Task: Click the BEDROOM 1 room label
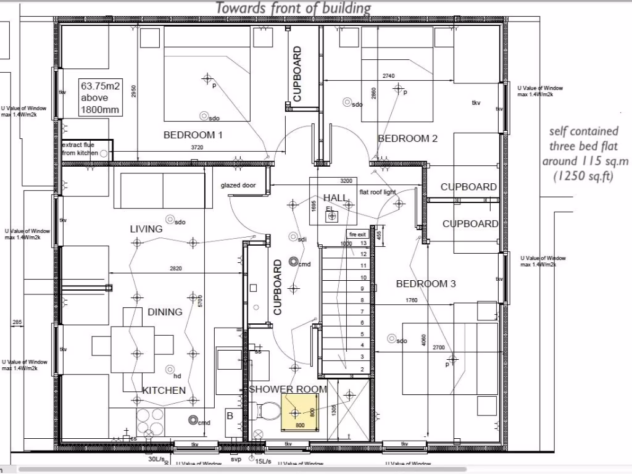(193, 135)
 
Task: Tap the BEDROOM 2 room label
(407, 138)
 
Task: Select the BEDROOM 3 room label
(426, 284)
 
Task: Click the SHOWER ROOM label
(288, 389)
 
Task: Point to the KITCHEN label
(164, 390)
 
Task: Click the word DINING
(165, 312)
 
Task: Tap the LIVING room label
(146, 229)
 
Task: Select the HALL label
(336, 197)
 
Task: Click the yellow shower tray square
(299, 412)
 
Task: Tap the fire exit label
(358, 235)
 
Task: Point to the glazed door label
(238, 185)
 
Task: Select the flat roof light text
(378, 192)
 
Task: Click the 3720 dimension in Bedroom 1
(196, 148)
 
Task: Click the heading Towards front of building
(293, 8)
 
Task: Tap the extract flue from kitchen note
(80, 149)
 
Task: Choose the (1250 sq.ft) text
(584, 175)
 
